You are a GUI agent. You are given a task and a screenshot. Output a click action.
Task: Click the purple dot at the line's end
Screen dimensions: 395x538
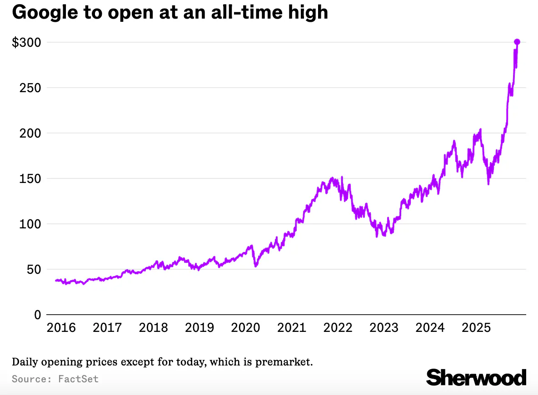(x=517, y=42)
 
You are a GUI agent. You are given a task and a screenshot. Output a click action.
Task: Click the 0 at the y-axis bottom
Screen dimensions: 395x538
(x=37, y=315)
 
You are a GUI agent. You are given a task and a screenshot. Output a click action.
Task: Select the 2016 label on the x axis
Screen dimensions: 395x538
(x=61, y=327)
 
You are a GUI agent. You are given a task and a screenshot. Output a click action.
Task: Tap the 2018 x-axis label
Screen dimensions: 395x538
(x=154, y=327)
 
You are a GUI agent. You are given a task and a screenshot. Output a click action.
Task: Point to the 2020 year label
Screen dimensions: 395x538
(x=246, y=327)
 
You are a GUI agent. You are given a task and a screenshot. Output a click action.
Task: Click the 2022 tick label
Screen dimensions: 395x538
(x=338, y=327)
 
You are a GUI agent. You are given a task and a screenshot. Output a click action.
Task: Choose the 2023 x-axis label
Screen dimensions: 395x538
(x=384, y=327)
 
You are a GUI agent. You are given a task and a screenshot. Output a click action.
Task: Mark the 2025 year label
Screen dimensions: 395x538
(x=476, y=327)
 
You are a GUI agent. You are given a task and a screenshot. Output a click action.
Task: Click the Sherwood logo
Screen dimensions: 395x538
(x=476, y=377)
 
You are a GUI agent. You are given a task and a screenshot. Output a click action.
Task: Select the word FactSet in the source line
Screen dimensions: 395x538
(x=78, y=379)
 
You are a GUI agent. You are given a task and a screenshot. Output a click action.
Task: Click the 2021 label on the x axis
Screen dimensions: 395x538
(x=292, y=327)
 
